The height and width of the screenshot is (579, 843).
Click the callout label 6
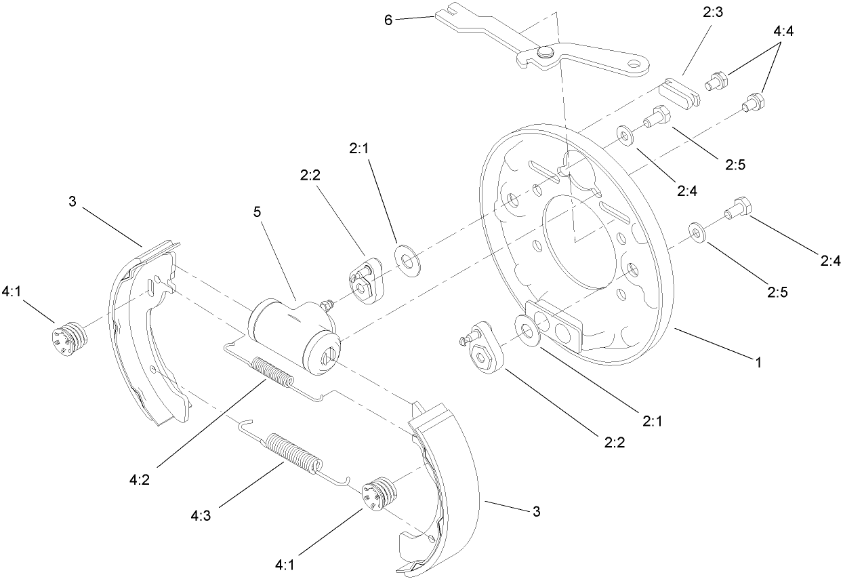tap(388, 20)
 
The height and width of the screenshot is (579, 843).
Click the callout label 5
tap(257, 212)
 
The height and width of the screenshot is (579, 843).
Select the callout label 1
tap(758, 363)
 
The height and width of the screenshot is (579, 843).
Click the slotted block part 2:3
tap(680, 92)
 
